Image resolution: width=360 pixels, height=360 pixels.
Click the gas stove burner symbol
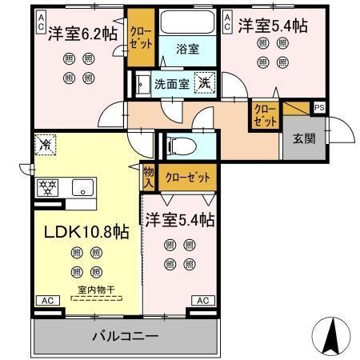[47, 188]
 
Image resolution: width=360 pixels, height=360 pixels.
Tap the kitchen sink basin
[81, 188]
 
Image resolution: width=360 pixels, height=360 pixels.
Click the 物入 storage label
[149, 176]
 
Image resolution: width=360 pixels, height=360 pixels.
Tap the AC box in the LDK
[46, 301]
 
